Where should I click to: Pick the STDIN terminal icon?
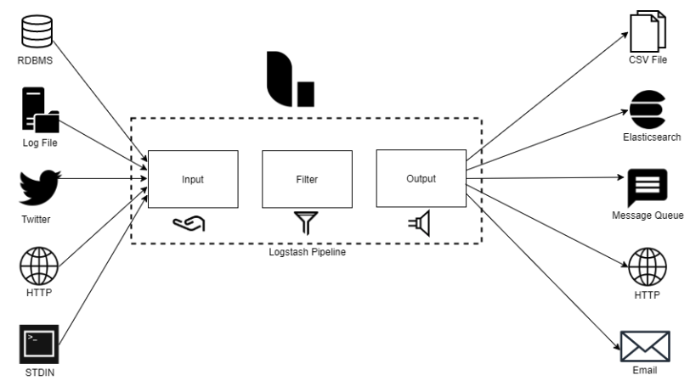pyautogui.click(x=37, y=344)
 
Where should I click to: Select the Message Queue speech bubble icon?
pyautogui.click(x=648, y=187)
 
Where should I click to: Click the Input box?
pyautogui.click(x=192, y=180)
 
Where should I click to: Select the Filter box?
pyautogui.click(x=308, y=180)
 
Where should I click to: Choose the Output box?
pyautogui.click(x=421, y=179)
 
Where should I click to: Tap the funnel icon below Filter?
pyautogui.click(x=305, y=222)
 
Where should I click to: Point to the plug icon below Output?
pyautogui.click(x=420, y=222)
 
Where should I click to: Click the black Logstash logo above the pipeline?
pyautogui.click(x=290, y=80)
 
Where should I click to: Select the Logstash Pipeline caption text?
pyautogui.click(x=307, y=254)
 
